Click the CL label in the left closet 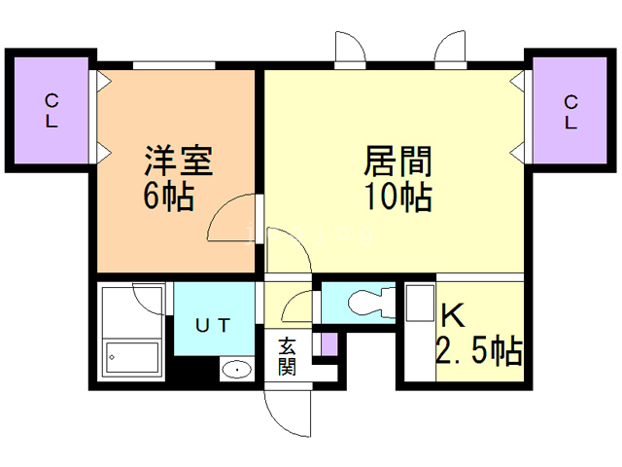click(52, 110)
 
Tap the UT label click(214, 325)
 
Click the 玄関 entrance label click(289, 355)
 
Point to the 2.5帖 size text click(479, 350)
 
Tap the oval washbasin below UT click(235, 370)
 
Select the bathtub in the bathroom click(132, 359)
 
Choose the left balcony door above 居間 click(348, 49)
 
